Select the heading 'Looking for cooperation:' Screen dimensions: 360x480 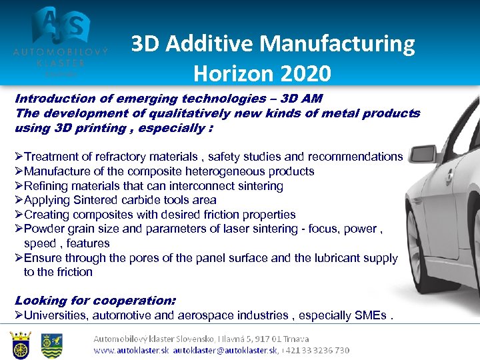95,301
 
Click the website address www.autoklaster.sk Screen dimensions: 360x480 131,350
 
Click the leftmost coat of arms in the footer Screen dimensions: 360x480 21,345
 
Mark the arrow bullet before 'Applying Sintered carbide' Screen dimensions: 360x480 19,200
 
